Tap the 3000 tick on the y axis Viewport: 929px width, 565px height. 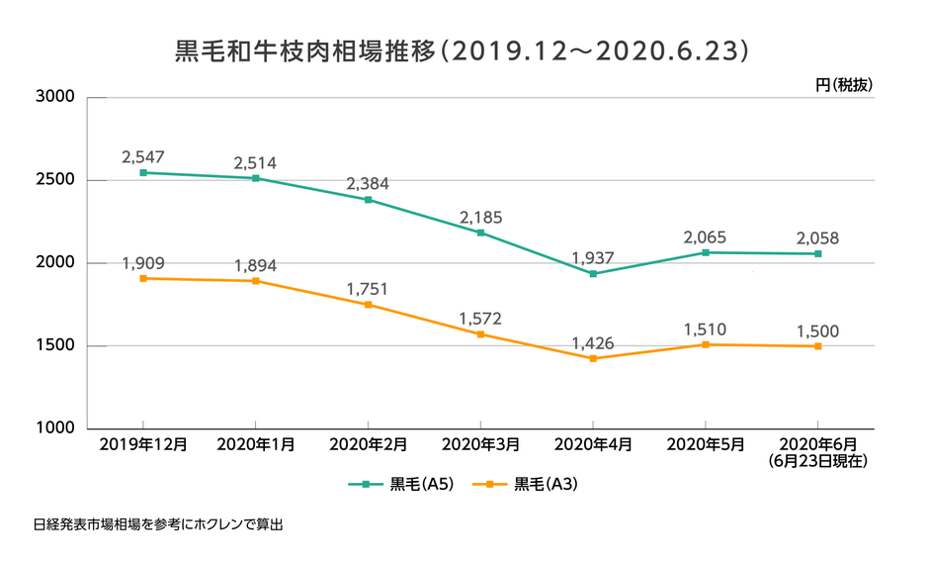(55, 98)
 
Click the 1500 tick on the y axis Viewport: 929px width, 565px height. (55, 346)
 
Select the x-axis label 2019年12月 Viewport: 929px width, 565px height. (143, 446)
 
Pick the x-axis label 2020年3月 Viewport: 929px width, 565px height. (480, 446)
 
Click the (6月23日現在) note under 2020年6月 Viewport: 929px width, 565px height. (817, 461)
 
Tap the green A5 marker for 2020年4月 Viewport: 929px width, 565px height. (593, 274)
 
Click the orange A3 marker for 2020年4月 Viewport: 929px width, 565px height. (593, 358)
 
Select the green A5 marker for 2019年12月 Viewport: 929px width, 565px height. (143, 173)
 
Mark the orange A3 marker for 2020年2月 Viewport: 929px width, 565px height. (369, 305)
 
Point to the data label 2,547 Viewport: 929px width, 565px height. (143, 156)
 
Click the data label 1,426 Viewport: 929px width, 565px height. (593, 343)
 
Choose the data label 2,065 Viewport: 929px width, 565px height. (705, 237)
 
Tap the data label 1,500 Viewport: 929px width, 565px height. (817, 330)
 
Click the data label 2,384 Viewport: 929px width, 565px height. (368, 184)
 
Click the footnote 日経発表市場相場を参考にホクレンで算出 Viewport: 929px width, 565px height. (158, 524)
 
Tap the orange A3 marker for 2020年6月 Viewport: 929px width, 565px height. (817, 346)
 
